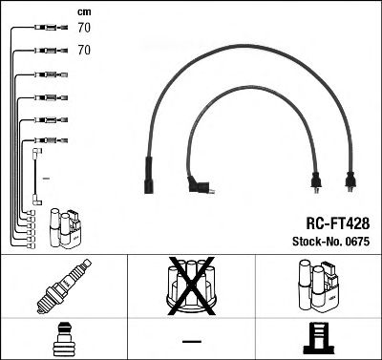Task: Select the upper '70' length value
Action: click(83, 30)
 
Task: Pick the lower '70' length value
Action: click(83, 48)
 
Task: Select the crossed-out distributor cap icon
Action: click(191, 287)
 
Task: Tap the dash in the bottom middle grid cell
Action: click(191, 339)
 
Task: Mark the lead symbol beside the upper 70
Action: click(43, 30)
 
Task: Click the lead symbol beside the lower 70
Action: click(43, 48)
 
